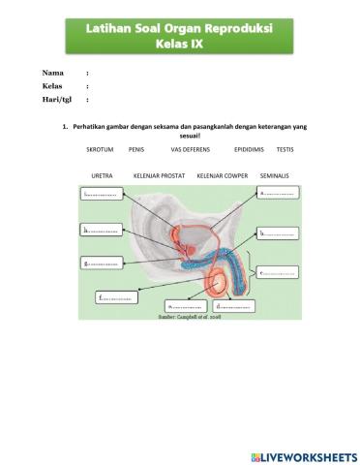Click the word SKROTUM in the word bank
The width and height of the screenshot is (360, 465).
pos(101,150)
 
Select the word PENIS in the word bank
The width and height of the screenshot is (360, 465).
pos(136,150)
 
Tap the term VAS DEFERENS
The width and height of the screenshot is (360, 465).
pos(191,150)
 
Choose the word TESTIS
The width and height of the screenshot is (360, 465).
pos(285,150)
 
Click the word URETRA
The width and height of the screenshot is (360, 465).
pos(102,175)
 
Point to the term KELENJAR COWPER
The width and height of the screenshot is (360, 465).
pos(222,175)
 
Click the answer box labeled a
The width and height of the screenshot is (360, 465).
pos(279,193)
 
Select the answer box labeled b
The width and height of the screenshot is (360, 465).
pos(279,232)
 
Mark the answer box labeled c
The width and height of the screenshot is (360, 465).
pos(281,272)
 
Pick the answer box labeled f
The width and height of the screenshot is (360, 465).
pos(117,297)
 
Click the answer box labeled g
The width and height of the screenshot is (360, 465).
pos(105,263)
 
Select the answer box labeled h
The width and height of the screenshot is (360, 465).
pos(105,231)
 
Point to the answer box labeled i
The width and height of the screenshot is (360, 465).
pos(105,194)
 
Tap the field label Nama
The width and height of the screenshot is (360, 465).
pos(53,73)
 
